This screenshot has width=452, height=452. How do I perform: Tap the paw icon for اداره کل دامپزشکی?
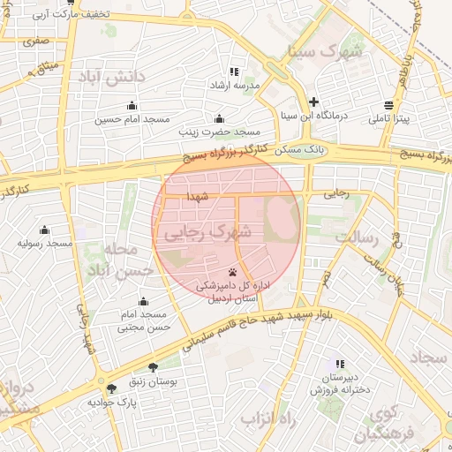[231, 272]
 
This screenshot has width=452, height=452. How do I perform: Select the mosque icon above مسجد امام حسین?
[132, 106]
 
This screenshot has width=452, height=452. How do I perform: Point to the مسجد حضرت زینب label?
[214, 132]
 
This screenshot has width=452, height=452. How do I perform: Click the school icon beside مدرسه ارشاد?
[234, 72]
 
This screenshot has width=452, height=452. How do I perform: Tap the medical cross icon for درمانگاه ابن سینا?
[313, 102]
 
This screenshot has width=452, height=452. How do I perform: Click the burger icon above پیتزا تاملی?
[388, 104]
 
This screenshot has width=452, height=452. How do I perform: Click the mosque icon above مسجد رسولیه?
[44, 230]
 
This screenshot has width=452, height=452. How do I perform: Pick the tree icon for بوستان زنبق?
[154, 368]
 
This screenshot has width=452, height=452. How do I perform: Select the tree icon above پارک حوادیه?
[111, 388]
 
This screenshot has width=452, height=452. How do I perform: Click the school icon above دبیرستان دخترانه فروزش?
[340, 364]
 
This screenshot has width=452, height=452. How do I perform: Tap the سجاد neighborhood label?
[430, 358]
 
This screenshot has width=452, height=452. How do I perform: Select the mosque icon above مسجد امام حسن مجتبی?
[144, 302]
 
